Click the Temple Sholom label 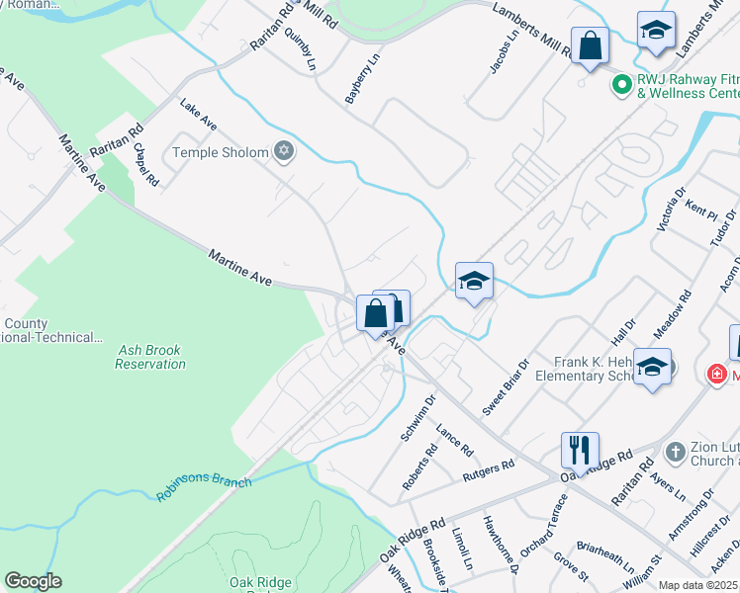click(x=221, y=152)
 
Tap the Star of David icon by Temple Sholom click(x=284, y=151)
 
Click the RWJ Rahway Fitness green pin click(x=622, y=86)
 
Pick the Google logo click(x=33, y=581)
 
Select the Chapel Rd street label click(x=145, y=165)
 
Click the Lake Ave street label click(x=198, y=117)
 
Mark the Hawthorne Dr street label click(x=501, y=543)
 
